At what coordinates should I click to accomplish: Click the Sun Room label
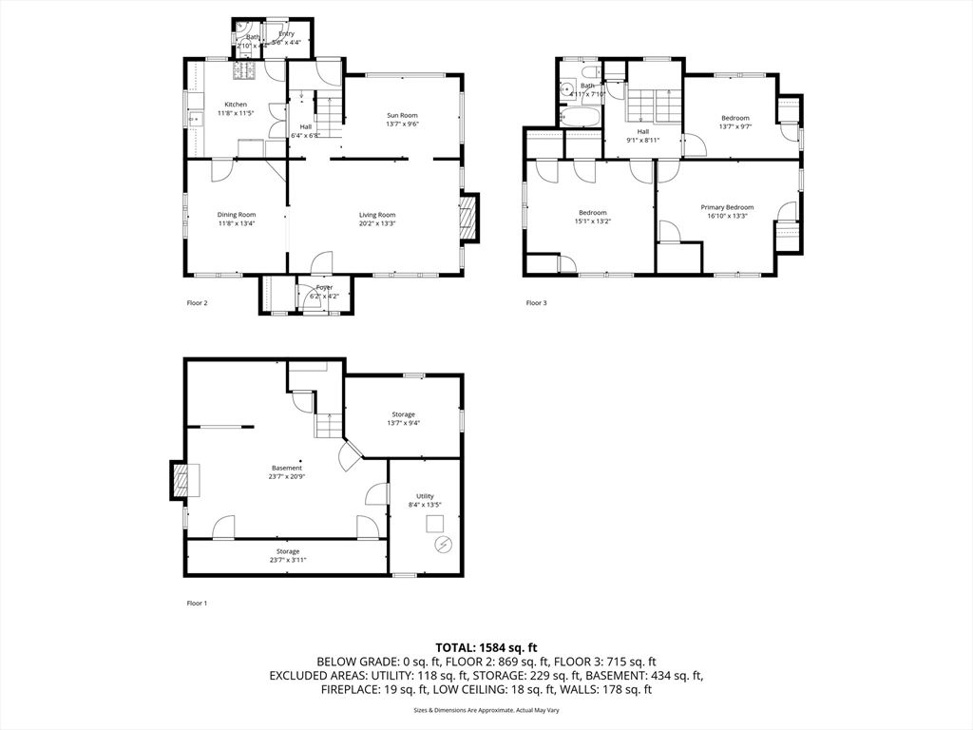click(402, 115)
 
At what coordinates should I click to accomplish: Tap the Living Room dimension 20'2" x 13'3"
click(377, 223)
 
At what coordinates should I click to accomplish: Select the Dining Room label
click(237, 215)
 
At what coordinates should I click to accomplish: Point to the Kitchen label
click(236, 105)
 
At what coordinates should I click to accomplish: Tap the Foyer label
click(324, 287)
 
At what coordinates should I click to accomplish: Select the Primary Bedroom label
click(727, 207)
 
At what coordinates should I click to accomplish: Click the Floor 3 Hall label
click(643, 131)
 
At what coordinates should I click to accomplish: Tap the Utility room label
click(424, 496)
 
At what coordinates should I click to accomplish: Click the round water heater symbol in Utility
click(442, 544)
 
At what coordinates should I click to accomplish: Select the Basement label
click(287, 468)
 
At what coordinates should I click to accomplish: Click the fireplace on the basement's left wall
click(181, 480)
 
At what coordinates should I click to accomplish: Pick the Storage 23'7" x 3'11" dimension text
click(288, 560)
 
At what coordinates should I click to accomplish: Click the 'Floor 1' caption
click(196, 603)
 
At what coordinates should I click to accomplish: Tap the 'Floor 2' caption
click(196, 303)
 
